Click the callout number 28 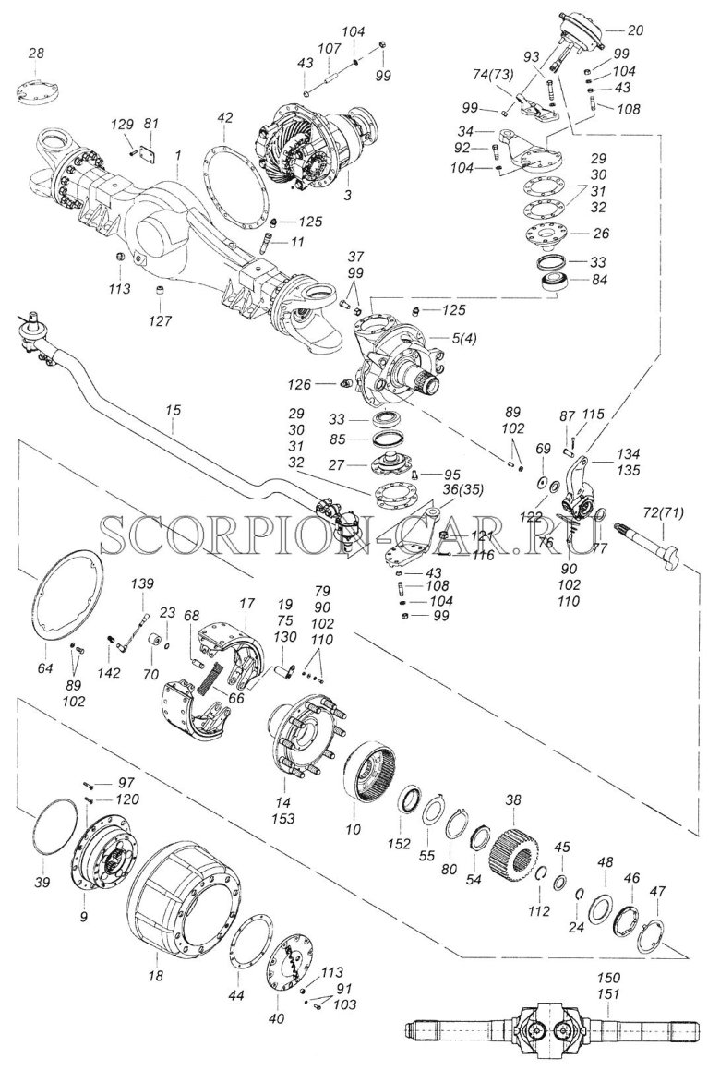coord(36,54)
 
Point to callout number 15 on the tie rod coord(174,407)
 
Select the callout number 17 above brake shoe coord(246,602)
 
